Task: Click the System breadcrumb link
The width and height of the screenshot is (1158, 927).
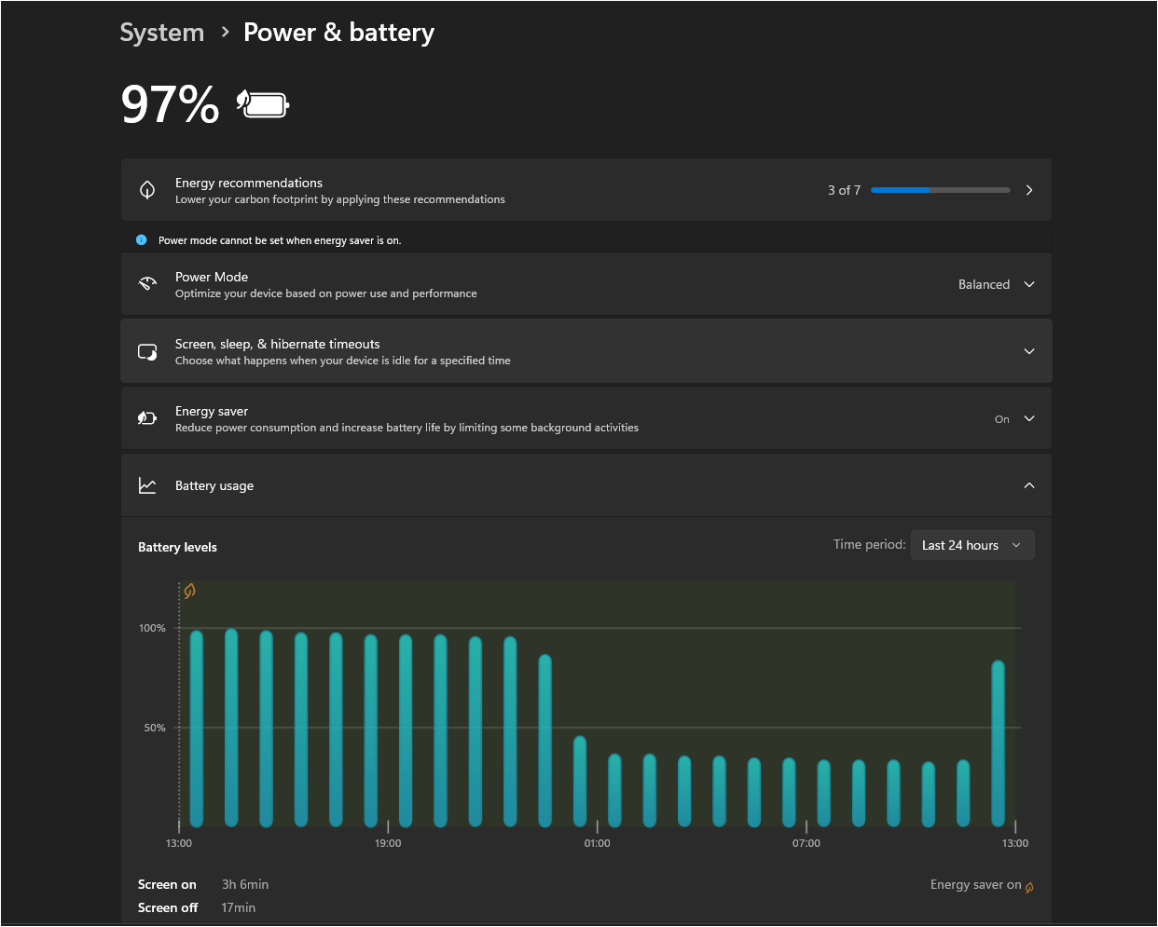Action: [x=161, y=33]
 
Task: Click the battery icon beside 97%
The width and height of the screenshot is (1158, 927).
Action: [x=264, y=103]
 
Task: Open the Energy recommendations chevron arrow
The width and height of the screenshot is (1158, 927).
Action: [x=1028, y=190]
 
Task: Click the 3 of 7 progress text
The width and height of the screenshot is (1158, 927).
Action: [x=844, y=190]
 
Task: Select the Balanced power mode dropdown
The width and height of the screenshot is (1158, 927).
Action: [x=996, y=284]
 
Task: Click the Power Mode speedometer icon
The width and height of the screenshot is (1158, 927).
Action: [x=147, y=284]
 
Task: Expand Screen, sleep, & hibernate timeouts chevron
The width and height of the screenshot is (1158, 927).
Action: [x=1028, y=351]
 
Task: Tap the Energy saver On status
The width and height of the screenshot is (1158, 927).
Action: [x=1001, y=419]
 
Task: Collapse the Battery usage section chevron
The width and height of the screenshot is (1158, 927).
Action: [x=1028, y=485]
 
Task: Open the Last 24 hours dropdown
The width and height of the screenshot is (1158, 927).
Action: [x=972, y=545]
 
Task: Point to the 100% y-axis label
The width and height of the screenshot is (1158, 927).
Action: [x=152, y=628]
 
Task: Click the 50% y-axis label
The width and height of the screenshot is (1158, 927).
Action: [x=155, y=728]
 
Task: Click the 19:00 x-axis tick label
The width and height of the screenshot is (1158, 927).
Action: [x=388, y=843]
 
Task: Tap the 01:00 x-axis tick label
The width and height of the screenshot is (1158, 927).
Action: [x=597, y=843]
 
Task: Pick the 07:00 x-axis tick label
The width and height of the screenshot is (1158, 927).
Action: [x=806, y=843]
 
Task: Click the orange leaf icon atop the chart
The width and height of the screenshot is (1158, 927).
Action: [x=189, y=591]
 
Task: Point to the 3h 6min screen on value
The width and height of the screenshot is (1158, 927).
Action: [x=245, y=884]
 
